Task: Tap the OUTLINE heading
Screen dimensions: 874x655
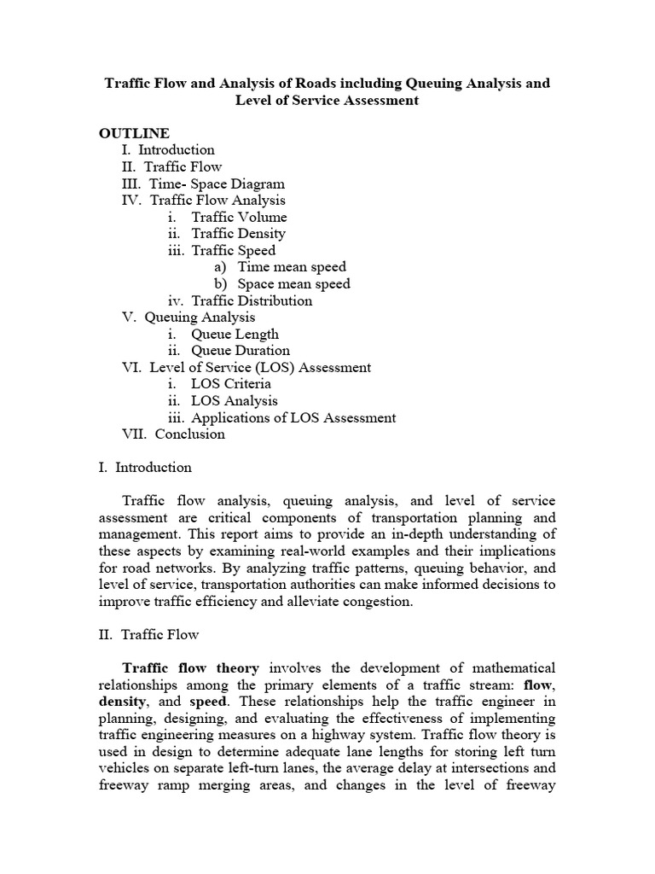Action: [134, 133]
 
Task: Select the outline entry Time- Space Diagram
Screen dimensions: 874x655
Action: [217, 184]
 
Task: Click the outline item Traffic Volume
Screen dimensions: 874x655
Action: [239, 217]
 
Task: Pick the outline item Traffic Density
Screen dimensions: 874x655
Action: [238, 233]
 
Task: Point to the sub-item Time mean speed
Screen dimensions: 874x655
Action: [292, 267]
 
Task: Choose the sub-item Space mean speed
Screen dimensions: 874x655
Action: [293, 283]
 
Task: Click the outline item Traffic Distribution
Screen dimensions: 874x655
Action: [252, 300]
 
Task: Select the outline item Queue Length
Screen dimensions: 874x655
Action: [235, 334]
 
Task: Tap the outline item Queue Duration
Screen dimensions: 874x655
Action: [240, 350]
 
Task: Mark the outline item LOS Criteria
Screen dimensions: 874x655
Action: [230, 383]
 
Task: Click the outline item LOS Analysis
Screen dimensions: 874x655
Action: [234, 400]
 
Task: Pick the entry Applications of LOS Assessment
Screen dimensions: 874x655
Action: [293, 417]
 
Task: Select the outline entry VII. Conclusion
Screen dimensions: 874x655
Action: [174, 434]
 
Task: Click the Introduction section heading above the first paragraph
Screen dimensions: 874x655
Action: [154, 467]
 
